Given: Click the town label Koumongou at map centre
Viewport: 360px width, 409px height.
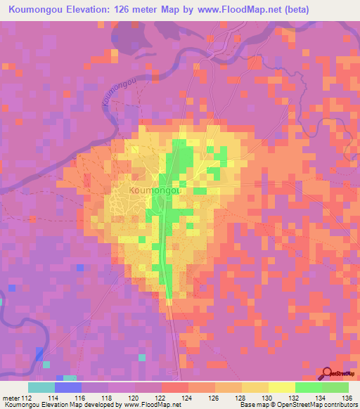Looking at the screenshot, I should [156, 190].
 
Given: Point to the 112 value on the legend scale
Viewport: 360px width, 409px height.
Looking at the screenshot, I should [27, 398].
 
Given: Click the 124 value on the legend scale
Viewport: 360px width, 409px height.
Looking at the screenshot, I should [186, 398].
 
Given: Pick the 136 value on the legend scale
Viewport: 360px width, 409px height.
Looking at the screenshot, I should [345, 398].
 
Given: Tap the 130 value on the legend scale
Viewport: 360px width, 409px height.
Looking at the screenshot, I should [266, 398].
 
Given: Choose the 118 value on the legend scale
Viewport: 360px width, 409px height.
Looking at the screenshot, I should [107, 398].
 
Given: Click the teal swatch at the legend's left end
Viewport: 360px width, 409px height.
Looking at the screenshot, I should [41, 387].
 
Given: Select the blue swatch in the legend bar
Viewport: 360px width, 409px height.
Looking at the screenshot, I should [67, 387].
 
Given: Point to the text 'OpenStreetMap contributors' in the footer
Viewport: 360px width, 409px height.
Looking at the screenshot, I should [316, 405].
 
